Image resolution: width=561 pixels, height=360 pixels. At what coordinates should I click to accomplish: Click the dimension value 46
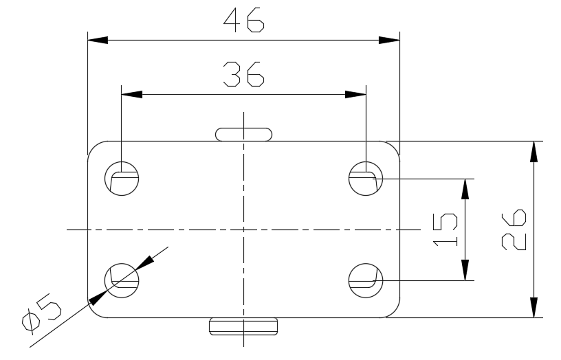click(x=243, y=21)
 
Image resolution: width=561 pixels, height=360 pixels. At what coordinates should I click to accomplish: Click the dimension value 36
click(x=243, y=74)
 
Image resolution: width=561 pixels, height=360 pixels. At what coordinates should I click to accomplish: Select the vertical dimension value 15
click(x=447, y=229)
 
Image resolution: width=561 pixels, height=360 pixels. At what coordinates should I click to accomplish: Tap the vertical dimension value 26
click(x=513, y=229)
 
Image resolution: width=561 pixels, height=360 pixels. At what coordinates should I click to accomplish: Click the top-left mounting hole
click(x=121, y=179)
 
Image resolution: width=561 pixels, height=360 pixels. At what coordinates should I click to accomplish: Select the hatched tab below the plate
click(x=243, y=326)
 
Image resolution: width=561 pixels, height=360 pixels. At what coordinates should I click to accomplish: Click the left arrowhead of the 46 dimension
click(x=97, y=40)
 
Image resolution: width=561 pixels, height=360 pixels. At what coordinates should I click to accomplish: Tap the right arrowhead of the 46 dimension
click(x=390, y=40)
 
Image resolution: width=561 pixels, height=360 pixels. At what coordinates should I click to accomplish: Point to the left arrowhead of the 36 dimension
click(x=131, y=93)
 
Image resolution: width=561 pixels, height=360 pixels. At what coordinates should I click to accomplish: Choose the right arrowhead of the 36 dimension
click(x=356, y=93)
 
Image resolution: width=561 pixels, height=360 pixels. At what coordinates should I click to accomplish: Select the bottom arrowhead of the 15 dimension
click(x=466, y=271)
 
